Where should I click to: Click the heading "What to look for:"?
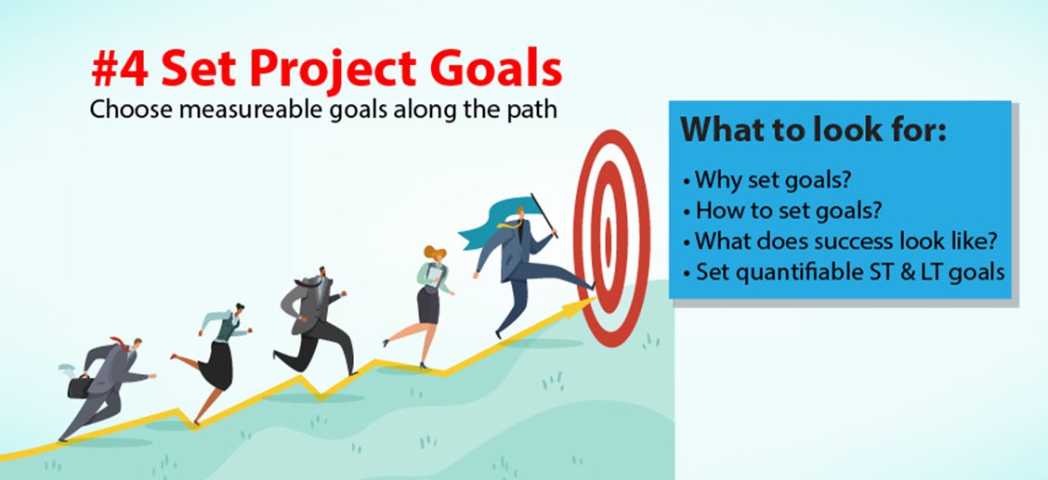pos(813,129)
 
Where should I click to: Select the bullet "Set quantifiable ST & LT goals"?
pos(845,272)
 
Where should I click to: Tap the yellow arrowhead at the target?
pos(579,307)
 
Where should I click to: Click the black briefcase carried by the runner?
pos(80,386)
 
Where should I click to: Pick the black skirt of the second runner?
pos(217,365)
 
